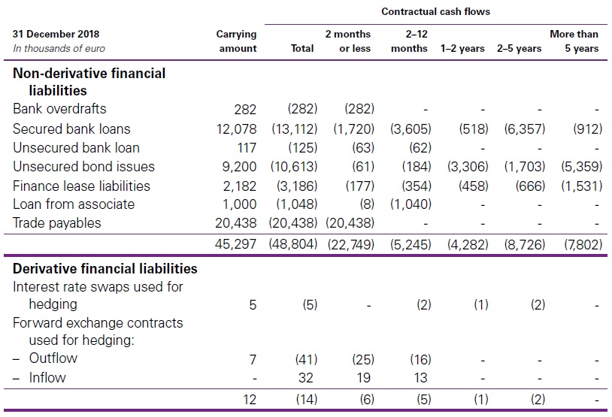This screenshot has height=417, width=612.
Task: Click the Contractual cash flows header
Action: pyautogui.click(x=435, y=12)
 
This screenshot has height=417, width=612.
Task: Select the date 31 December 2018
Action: pyautogui.click(x=56, y=34)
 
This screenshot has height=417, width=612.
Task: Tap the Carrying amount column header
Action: pyautogui.click(x=237, y=41)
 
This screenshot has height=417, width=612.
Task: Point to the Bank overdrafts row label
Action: pyautogui.click(x=59, y=109)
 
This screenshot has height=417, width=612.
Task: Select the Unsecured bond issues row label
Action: pyautogui.click(x=83, y=167)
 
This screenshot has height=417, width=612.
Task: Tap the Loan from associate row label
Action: pyautogui.click(x=74, y=204)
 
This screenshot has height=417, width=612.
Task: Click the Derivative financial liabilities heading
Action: pyautogui.click(x=105, y=268)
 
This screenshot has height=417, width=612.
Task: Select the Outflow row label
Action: pyautogui.click(x=53, y=358)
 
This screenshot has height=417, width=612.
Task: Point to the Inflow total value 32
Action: pyautogui.click(x=305, y=378)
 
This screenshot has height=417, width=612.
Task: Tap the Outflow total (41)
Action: pyautogui.click(x=305, y=359)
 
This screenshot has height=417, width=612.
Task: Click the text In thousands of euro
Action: pyautogui.click(x=59, y=49)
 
